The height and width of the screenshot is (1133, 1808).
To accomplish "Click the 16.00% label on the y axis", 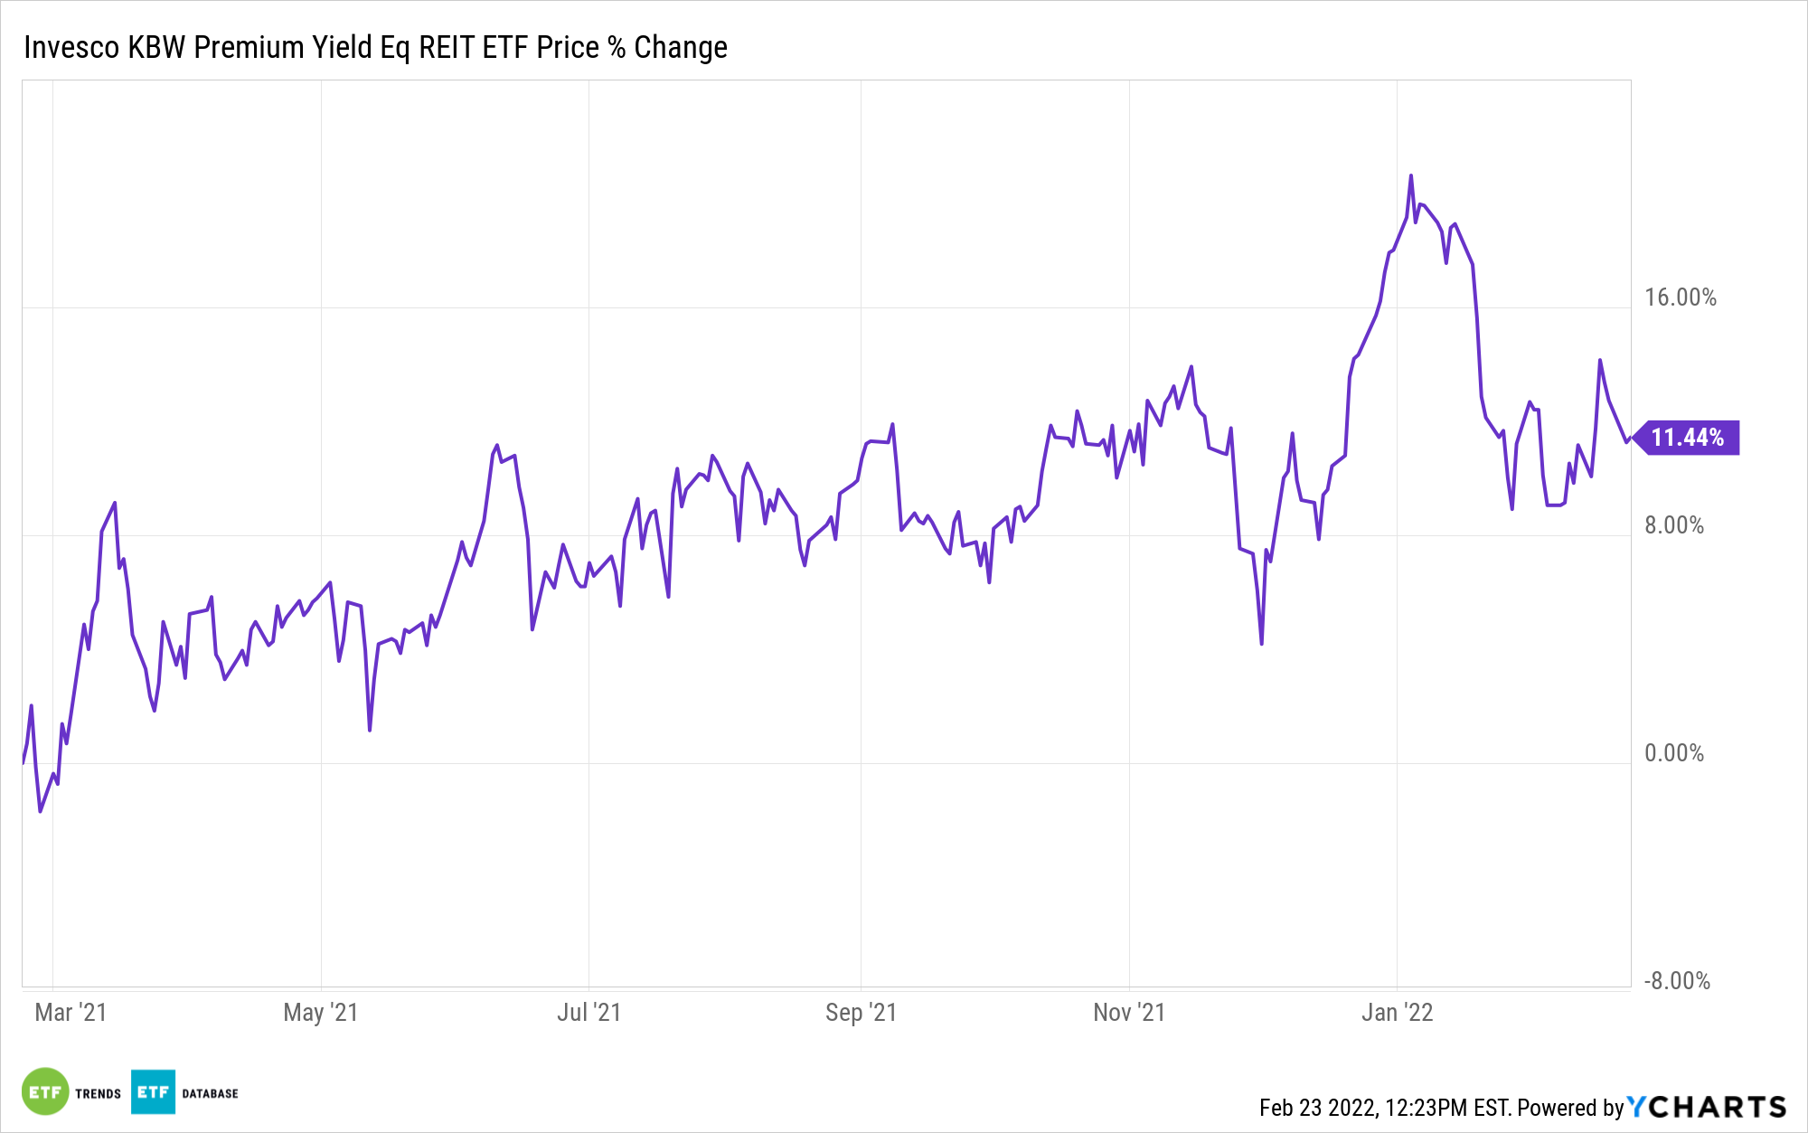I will [1680, 297].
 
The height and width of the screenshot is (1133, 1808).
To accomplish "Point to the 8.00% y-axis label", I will [1673, 525].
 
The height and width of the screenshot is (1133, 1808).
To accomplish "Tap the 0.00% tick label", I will [1673, 753].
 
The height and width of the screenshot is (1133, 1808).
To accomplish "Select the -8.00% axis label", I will [1676, 981].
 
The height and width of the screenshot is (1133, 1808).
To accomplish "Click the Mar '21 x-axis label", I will [71, 1012].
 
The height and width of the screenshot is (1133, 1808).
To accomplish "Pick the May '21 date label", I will [320, 1012].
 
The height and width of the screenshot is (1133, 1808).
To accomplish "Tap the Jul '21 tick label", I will [589, 1012].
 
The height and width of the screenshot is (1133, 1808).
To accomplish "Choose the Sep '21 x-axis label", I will [861, 1012].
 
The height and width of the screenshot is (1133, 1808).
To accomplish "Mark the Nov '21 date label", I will [1129, 1012].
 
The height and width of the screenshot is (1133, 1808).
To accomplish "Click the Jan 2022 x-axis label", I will [1397, 1012].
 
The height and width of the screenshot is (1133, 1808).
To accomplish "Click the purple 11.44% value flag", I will [1688, 438].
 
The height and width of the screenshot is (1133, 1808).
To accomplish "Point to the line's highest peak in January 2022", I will [1410, 175].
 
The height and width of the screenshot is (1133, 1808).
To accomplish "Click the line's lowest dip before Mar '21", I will [40, 811].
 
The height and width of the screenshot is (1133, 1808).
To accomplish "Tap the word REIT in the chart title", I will [446, 47].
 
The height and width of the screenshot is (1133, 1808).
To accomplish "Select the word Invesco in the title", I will [71, 47].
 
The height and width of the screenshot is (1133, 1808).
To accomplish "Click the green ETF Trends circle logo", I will [45, 1091].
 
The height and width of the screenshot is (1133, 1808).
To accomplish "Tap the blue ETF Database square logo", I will [153, 1091].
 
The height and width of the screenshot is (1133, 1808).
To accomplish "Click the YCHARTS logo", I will [1707, 1107].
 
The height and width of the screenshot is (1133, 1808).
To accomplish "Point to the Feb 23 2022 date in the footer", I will [1317, 1108].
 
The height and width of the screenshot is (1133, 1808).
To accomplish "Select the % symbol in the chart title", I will [617, 47].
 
